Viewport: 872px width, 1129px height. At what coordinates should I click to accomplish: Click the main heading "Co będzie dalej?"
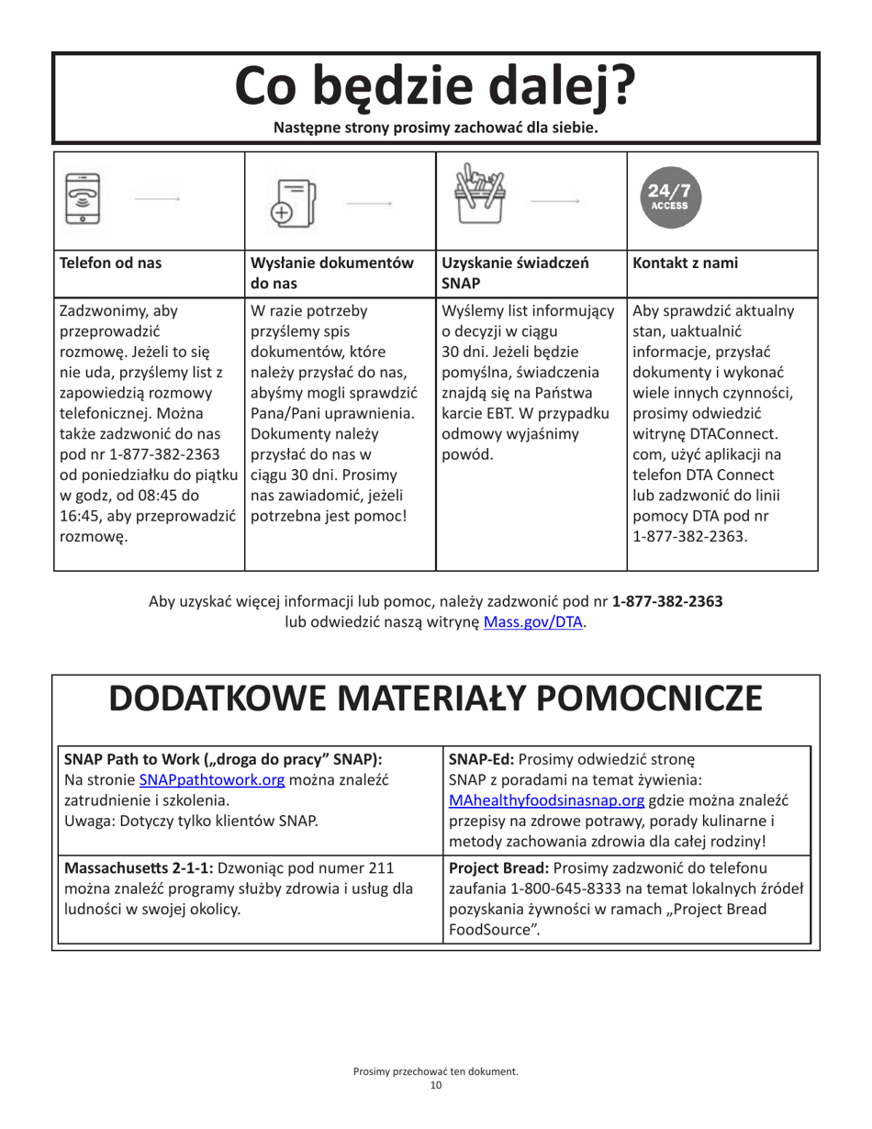435,85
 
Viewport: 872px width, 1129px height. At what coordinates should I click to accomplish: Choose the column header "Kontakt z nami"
677,263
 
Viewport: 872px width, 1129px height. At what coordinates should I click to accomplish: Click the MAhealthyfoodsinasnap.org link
546,800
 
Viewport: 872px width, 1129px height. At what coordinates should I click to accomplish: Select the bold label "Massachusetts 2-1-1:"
137,867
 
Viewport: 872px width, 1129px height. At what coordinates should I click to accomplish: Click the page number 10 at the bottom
435,1087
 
